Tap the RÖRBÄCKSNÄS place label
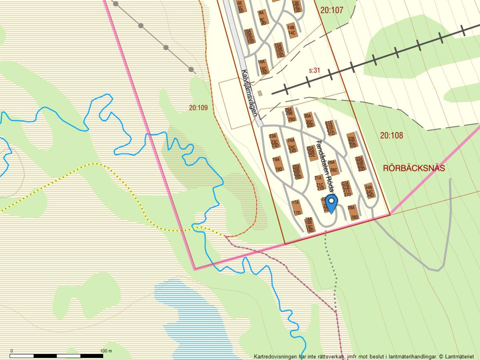click(414, 168)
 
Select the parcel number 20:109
click(198, 108)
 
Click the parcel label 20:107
click(331, 10)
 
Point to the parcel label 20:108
click(391, 136)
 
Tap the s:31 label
click(314, 70)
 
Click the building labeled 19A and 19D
click(277, 164)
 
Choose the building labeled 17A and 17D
click(296, 208)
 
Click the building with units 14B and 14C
click(291, 30)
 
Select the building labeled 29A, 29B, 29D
click(290, 115)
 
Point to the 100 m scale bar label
click(106, 351)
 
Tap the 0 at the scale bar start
click(12, 351)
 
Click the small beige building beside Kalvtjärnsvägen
click(260, 93)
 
